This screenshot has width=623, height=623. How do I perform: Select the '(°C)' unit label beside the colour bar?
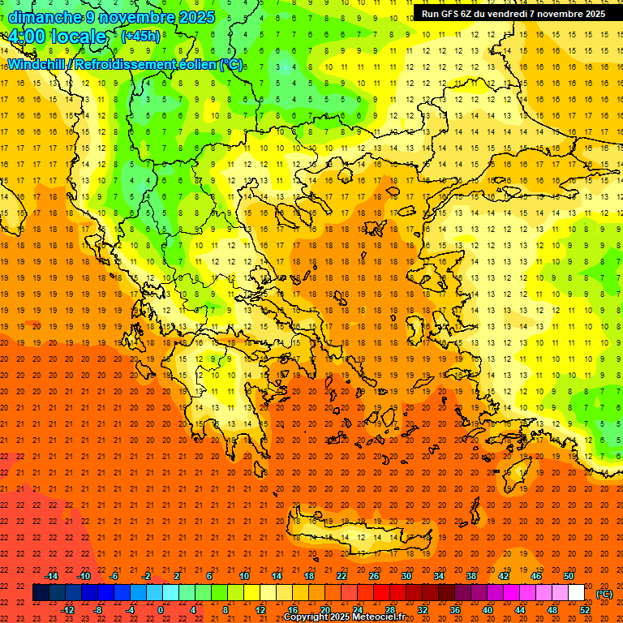coord(604,594)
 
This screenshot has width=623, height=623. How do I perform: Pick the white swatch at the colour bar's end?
coord(576,593)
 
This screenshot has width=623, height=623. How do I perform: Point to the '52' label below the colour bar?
coord(585,610)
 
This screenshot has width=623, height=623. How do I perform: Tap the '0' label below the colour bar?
coord(161,610)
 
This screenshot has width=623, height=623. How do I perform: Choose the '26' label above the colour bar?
coord(374,576)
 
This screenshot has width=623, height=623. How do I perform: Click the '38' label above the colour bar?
coord(471,576)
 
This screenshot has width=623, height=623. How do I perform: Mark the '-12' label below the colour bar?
coord(67,610)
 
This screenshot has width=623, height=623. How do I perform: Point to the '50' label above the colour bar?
coord(569,576)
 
